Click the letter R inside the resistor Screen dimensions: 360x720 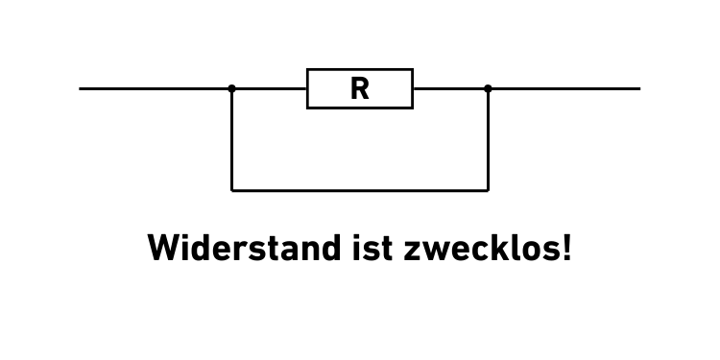click(x=359, y=89)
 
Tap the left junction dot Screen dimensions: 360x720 click(x=231, y=88)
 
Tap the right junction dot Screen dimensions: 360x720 click(x=488, y=88)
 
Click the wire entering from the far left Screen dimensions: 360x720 click(x=154, y=88)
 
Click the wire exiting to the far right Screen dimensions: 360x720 click(x=566, y=88)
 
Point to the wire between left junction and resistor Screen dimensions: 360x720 click(x=270, y=88)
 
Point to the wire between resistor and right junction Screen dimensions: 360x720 click(x=450, y=88)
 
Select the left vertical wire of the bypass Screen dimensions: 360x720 click(x=231, y=139)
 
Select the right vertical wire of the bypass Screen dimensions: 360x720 click(x=488, y=139)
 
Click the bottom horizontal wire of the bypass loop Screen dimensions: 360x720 click(x=360, y=190)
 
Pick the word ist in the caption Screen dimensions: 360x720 click(x=368, y=249)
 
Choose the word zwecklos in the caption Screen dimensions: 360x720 click(x=480, y=249)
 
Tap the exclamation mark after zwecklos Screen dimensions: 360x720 click(x=567, y=248)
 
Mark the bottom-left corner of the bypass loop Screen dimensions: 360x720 click(x=231, y=190)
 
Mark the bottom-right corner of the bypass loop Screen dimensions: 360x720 click(x=488, y=190)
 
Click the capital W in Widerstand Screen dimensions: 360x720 click(x=163, y=249)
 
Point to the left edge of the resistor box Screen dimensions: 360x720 click(x=307, y=89)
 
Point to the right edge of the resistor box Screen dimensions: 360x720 click(x=413, y=89)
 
